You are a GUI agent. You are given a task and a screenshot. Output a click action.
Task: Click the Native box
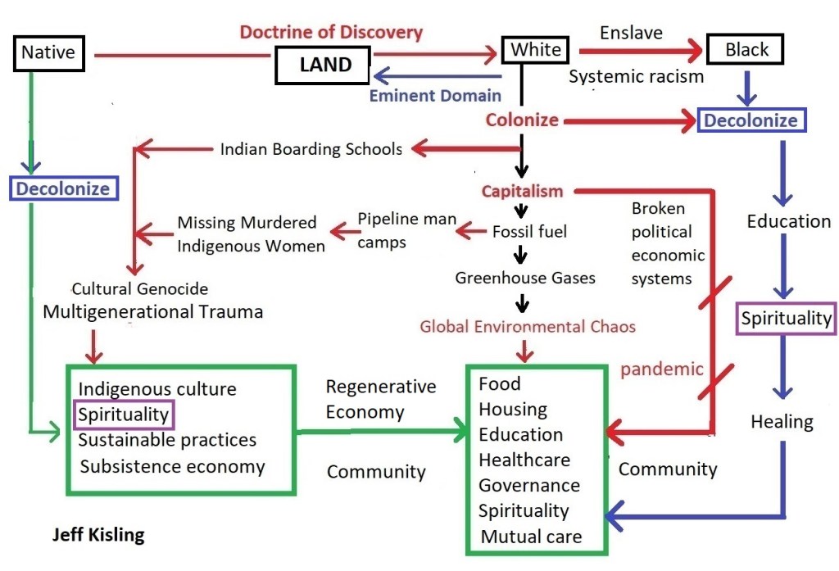48,53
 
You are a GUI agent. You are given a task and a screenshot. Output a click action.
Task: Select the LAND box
325,65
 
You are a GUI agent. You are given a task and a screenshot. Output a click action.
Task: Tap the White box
536,50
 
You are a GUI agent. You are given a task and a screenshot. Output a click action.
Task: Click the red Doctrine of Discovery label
331,33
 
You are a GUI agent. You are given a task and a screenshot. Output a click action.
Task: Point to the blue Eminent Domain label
435,95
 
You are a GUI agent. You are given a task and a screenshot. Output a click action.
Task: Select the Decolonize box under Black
751,120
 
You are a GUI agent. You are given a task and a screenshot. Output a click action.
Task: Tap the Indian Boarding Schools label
311,149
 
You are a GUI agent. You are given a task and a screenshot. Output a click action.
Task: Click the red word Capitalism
522,191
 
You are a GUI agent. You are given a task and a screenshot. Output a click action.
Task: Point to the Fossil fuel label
529,231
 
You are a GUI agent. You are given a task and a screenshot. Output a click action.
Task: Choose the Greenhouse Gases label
525,279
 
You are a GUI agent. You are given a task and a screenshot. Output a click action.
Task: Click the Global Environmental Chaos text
528,326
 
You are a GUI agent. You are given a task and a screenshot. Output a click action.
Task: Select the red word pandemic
662,369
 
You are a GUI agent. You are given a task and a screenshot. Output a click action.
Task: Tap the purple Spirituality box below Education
786,318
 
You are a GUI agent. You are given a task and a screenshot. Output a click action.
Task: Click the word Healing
782,422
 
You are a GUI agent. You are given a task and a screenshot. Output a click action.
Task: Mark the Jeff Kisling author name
98,536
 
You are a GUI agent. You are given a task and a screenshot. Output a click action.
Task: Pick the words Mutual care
531,537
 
